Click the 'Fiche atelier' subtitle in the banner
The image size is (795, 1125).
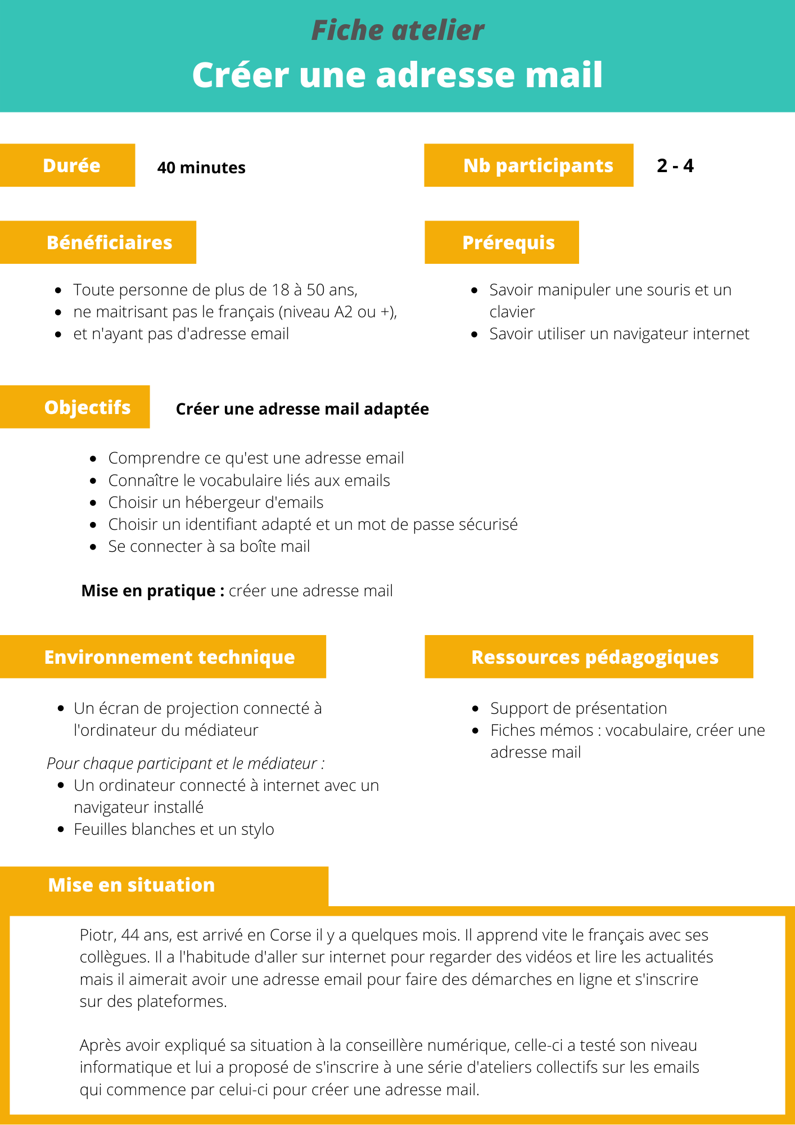(x=397, y=30)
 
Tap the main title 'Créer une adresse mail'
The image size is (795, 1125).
(x=397, y=75)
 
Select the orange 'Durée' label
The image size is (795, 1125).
(x=71, y=165)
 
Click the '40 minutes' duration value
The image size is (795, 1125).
(x=201, y=168)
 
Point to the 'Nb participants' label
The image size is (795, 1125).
(x=537, y=165)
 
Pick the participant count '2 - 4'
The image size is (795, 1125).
(x=675, y=166)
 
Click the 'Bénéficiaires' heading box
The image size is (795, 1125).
(x=109, y=242)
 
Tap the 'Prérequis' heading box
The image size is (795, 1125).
(x=508, y=242)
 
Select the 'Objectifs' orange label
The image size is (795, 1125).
(x=87, y=407)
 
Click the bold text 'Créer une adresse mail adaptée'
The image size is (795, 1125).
(x=302, y=409)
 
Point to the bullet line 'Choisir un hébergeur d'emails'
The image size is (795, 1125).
(x=216, y=502)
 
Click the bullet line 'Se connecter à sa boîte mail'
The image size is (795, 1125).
(x=209, y=546)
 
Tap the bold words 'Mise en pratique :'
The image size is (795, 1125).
(x=153, y=591)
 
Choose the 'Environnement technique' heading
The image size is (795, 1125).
(x=169, y=657)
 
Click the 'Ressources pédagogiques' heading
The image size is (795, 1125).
(x=594, y=657)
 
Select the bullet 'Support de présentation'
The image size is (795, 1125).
(x=579, y=708)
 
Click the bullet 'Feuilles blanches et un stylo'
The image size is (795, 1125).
(x=174, y=829)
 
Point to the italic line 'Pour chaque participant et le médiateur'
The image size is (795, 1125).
(x=186, y=763)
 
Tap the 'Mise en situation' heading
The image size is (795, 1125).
(x=132, y=885)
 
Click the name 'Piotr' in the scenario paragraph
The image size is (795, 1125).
(x=98, y=935)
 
